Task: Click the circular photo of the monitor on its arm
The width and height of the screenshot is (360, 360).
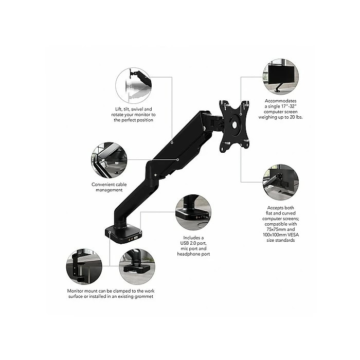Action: coord(281,77)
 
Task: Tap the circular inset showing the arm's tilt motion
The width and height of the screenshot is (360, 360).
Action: coord(133,86)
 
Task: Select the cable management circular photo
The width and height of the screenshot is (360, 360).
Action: coord(109,160)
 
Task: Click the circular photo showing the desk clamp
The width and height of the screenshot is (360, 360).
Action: coord(84,266)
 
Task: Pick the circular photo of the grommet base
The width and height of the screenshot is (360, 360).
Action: coord(137,266)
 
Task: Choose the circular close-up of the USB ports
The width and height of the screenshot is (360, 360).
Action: coord(193,212)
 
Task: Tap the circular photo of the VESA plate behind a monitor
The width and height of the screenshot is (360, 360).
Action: coord(281,182)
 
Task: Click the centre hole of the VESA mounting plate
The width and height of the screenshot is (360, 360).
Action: coord(235,125)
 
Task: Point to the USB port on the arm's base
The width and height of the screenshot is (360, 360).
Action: coord(136,238)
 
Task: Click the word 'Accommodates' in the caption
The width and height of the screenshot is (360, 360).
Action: coord(281,101)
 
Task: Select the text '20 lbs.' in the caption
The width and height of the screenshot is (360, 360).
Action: coord(295,117)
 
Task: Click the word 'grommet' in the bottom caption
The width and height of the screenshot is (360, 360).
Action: coord(143,296)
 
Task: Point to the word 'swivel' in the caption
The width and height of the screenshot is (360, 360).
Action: coord(137,109)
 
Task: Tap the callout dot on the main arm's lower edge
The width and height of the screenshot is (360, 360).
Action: coord(178,159)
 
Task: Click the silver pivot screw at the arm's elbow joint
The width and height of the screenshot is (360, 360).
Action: coord(155,175)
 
